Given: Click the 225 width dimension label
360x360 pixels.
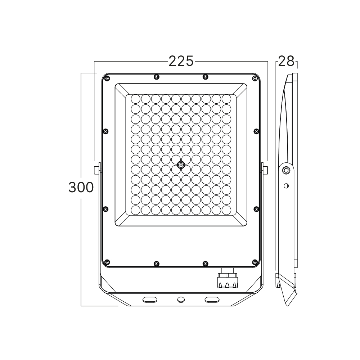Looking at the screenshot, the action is tap(181, 61).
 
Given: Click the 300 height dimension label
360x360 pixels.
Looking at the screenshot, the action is tap(81, 187).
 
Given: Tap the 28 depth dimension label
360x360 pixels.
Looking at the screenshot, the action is tap(286, 61).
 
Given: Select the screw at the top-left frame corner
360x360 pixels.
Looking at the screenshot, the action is tap(107, 78).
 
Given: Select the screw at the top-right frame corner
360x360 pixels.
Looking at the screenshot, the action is tap(255, 78).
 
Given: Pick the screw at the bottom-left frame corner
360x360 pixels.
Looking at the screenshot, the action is tap(107, 262).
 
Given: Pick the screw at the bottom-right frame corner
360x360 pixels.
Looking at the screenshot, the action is tap(255, 262).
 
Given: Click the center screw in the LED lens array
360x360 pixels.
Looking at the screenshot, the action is tap(181, 165).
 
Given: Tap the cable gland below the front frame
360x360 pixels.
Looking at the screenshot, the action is tap(228, 278).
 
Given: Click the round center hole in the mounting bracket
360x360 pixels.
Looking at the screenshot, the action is tap(181, 300).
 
